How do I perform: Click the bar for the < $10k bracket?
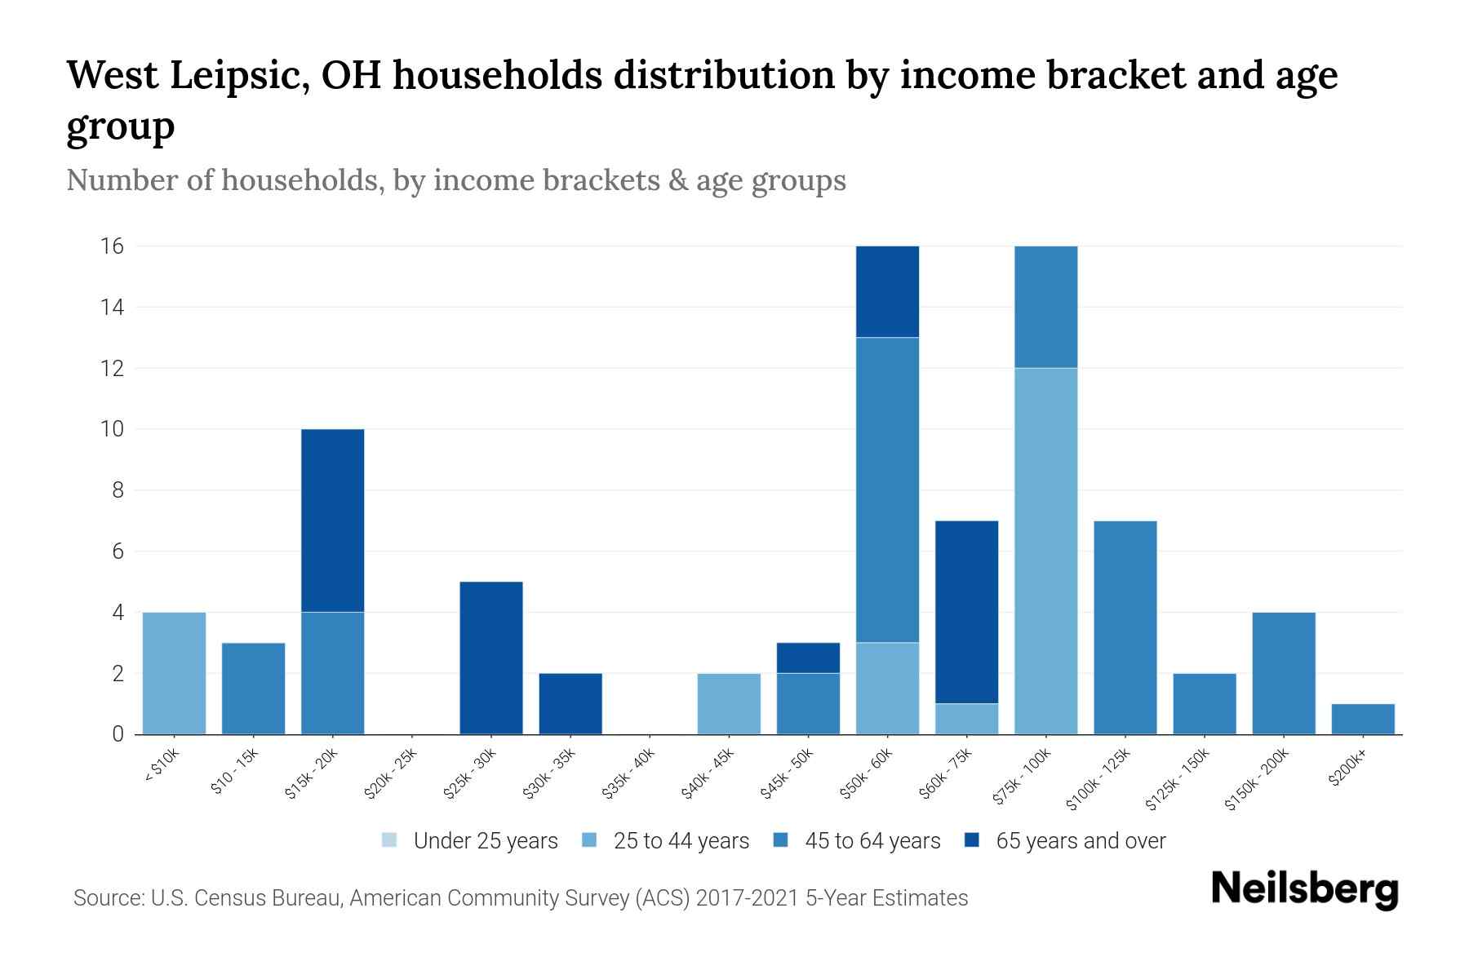coord(174,673)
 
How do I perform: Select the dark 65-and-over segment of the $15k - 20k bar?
coord(332,521)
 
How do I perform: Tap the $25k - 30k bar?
coord(491,658)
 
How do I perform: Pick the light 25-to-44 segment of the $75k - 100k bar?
coord(1045,551)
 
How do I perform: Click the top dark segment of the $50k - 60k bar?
coord(887,291)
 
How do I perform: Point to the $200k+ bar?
coord(1363,719)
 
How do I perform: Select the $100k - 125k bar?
coord(1125,627)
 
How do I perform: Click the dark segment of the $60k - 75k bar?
coord(966,612)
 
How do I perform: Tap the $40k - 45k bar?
coord(729,703)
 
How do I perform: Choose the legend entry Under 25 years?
coord(485,841)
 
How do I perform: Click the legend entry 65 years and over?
coord(1080,841)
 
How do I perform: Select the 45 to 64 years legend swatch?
coord(781,840)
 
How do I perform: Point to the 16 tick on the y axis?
coord(113,246)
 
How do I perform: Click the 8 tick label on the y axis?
coord(118,490)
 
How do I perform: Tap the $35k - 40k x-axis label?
coord(630,776)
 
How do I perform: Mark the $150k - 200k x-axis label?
coord(1258,781)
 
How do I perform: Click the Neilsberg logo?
coord(1304,889)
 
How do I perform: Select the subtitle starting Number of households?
coord(455,180)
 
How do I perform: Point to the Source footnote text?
coord(520,898)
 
